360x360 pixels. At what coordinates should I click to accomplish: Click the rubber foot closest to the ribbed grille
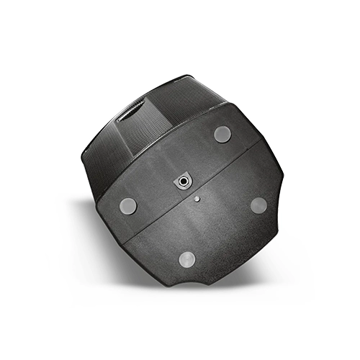[x=222, y=133]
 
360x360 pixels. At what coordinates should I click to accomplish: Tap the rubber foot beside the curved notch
[x=187, y=259]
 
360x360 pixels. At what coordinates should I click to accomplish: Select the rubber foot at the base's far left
[x=128, y=206]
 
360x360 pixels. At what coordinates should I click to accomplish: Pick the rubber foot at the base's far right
[x=259, y=204]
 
